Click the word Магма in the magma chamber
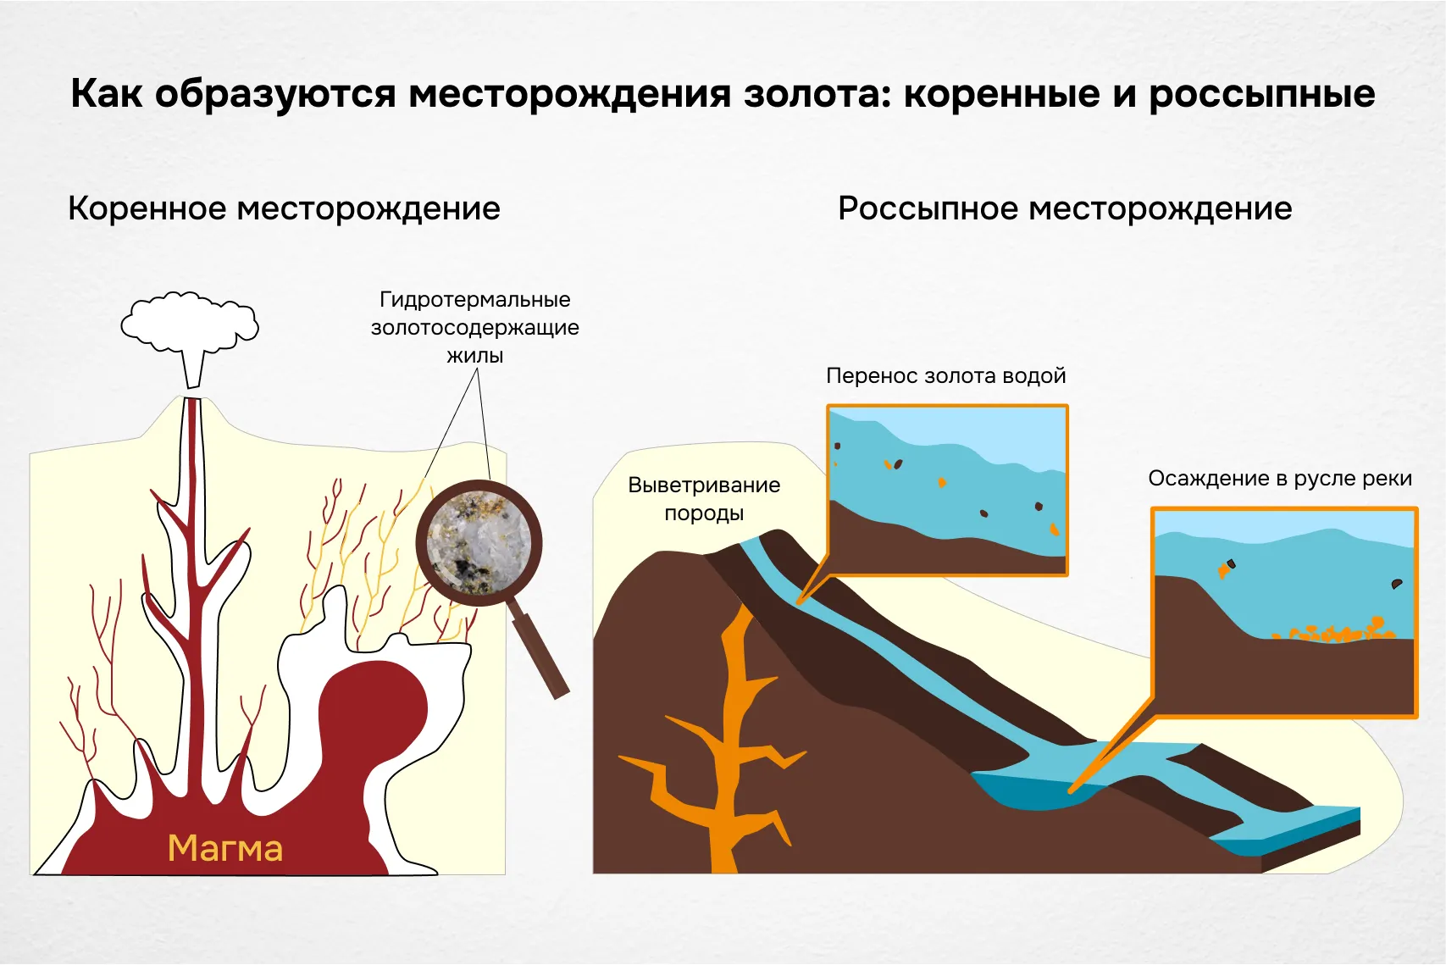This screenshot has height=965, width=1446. (x=224, y=848)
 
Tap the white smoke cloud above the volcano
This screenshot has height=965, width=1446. (x=190, y=323)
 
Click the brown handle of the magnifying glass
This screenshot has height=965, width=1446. (x=540, y=652)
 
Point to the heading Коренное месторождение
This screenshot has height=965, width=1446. (x=284, y=208)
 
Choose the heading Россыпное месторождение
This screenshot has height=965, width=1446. (x=1065, y=208)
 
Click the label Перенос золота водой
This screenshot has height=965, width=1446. (x=945, y=375)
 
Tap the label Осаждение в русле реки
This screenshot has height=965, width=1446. (x=1279, y=479)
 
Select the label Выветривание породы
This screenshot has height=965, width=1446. (x=704, y=498)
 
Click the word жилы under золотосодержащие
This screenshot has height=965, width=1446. (x=475, y=356)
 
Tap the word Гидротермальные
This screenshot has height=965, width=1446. (x=475, y=299)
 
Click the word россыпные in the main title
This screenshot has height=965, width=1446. (x=1261, y=93)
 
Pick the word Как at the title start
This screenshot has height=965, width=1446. (x=106, y=93)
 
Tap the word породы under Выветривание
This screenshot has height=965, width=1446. (x=704, y=513)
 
